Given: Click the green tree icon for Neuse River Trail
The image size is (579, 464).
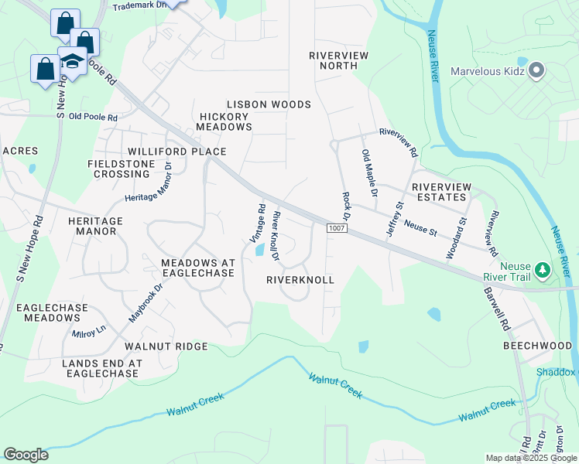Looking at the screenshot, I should [x=543, y=270].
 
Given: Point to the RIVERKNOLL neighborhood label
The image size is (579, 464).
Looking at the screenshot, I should [x=300, y=279].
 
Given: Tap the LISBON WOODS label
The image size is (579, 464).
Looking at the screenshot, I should [x=269, y=104].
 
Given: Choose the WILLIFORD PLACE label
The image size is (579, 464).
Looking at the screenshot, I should [x=177, y=152].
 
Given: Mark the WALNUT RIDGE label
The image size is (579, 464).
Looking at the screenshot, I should [x=166, y=346].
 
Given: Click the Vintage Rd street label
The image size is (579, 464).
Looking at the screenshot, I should [x=258, y=223].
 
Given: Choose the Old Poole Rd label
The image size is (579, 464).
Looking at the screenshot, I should [x=93, y=118].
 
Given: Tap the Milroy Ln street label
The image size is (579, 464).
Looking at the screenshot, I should [x=87, y=333].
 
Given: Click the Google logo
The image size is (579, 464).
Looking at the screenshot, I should [x=26, y=455].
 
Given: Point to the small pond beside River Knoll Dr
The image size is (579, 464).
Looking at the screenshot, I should [x=261, y=251].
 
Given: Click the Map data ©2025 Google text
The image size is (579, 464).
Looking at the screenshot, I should [x=531, y=458].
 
